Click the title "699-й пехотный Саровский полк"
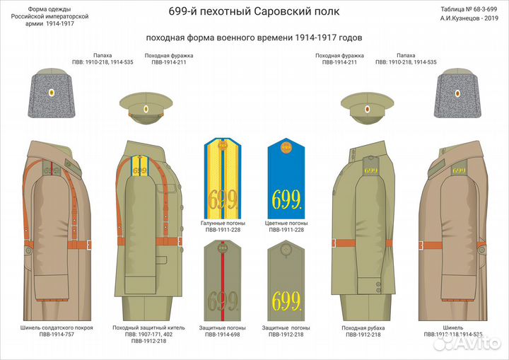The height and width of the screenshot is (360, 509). [x=255, y=12]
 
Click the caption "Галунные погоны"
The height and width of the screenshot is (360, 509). [x=223, y=223]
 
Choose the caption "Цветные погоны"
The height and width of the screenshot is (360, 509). [x=286, y=223]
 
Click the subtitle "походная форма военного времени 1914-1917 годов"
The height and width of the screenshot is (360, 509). [x=255, y=37]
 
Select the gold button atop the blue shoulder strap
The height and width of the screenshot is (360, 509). [x=286, y=147]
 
